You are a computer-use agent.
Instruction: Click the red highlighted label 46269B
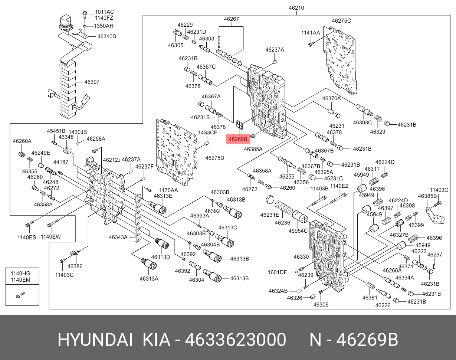(x=238, y=140)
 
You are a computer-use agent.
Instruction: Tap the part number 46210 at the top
(x=297, y=7)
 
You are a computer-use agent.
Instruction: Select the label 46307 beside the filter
(x=92, y=82)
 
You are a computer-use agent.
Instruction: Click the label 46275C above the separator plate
(x=341, y=21)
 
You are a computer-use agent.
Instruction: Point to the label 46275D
(x=215, y=158)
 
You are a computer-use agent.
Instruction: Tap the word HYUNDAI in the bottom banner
(x=95, y=340)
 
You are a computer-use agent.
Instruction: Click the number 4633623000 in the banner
(x=235, y=340)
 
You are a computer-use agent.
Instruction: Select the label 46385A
(x=253, y=149)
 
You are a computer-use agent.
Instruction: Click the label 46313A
(x=149, y=279)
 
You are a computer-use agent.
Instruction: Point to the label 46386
(x=75, y=266)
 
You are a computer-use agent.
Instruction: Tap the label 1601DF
(x=277, y=272)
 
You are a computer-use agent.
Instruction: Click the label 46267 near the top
(x=231, y=19)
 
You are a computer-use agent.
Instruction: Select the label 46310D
(x=107, y=36)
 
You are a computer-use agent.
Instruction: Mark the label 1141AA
(x=310, y=33)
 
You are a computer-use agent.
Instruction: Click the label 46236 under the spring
(x=282, y=223)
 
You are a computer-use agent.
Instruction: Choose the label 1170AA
(x=168, y=190)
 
